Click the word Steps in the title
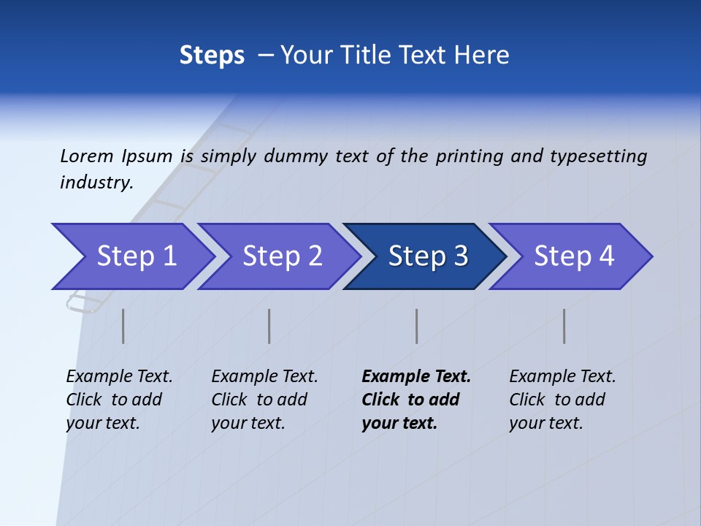[x=212, y=56]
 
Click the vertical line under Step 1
[x=123, y=326]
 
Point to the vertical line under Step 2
[x=269, y=326]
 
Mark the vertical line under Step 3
[x=417, y=326]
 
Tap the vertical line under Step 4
[x=564, y=326]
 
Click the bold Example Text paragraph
[x=415, y=400]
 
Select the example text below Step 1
[x=118, y=400]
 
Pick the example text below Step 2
[x=264, y=400]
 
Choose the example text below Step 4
[x=562, y=400]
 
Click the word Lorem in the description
[x=87, y=156]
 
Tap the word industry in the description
[x=96, y=183]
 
